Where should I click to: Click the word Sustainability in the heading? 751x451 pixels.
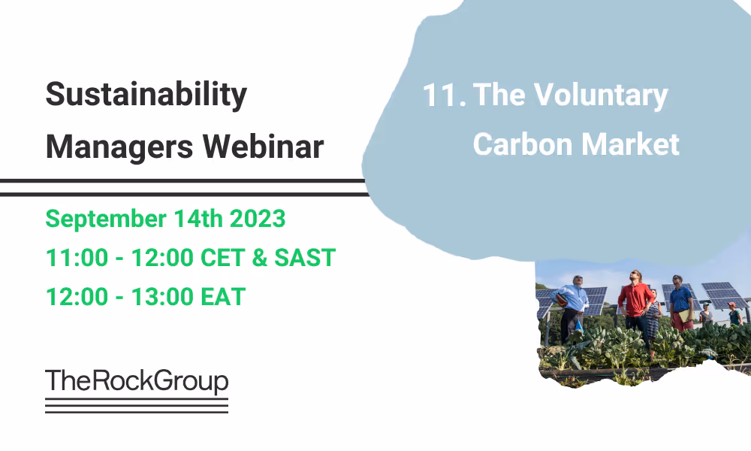point(146,95)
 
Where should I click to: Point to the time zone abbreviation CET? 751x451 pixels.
point(222,258)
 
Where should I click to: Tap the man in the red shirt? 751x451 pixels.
point(635,304)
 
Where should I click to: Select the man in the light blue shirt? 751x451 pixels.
point(574,305)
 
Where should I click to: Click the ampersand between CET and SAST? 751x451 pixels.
point(260,258)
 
